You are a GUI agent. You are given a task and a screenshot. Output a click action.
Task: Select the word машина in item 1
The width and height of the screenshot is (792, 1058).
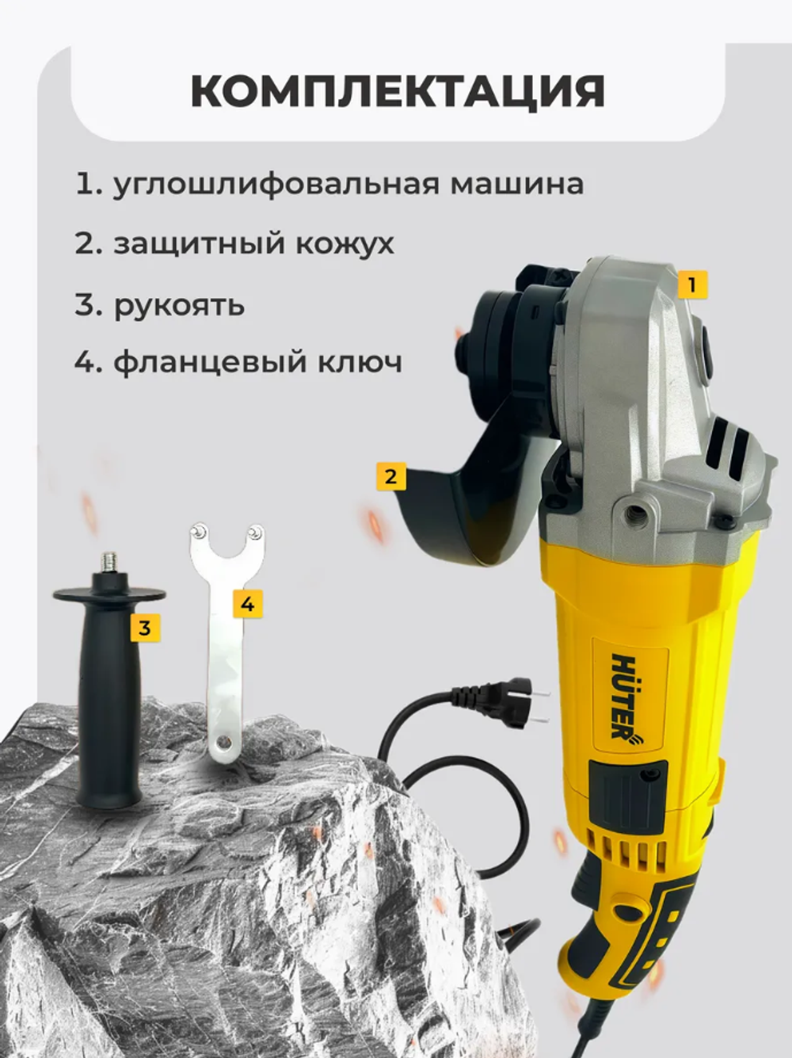click(517, 184)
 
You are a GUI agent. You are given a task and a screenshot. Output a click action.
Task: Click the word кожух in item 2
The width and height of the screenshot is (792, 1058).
click(345, 243)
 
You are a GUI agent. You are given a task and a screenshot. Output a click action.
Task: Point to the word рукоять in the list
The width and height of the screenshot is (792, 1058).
click(179, 304)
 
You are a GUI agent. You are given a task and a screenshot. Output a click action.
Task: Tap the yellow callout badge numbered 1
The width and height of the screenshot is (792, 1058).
click(692, 283)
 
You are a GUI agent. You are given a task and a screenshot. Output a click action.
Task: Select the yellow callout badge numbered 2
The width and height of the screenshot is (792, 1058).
click(390, 476)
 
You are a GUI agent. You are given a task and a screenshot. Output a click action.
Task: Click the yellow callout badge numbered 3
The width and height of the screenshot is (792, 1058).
click(144, 628)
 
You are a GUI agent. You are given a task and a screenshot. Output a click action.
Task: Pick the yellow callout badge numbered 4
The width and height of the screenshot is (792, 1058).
click(248, 604)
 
